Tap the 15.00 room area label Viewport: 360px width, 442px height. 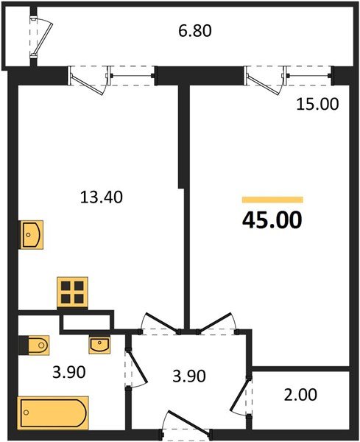317,105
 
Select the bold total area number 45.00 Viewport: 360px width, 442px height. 272,220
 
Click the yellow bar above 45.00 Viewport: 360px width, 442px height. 272,200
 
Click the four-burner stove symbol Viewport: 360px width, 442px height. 73,292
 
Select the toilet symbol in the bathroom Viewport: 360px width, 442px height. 34,344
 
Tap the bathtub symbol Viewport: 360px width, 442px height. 53,412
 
